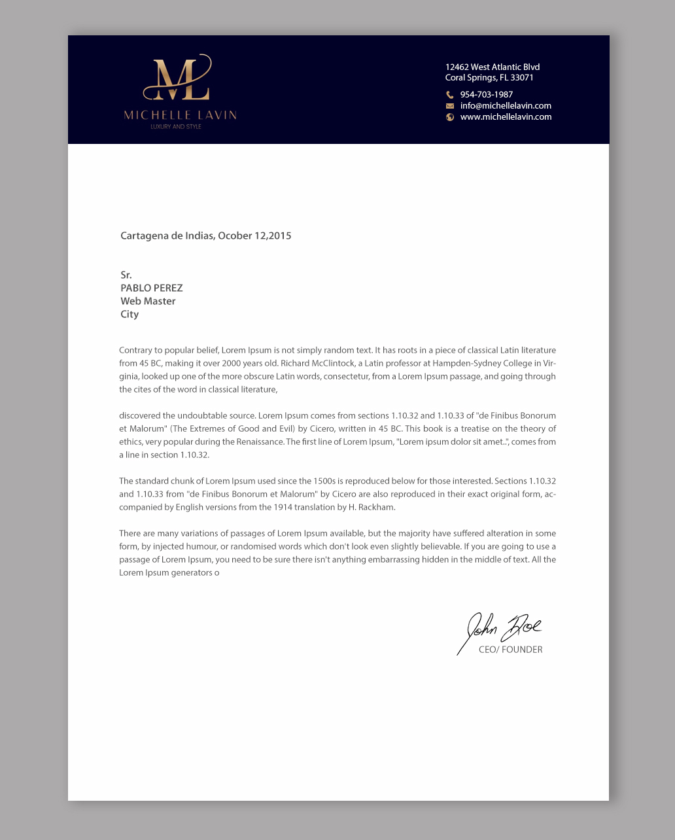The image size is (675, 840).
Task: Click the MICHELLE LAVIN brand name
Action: tap(180, 115)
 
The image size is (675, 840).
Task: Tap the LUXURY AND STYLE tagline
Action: tap(176, 126)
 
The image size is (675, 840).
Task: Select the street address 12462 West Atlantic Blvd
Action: tap(493, 67)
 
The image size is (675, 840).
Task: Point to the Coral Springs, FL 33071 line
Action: tap(489, 77)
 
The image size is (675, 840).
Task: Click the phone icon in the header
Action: tap(450, 95)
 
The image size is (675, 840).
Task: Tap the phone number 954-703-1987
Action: tap(487, 95)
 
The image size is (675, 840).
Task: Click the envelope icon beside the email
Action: tap(450, 106)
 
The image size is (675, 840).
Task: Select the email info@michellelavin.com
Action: tap(506, 106)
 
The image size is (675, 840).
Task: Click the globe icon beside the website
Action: tap(450, 117)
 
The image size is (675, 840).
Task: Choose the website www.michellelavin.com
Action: tap(506, 117)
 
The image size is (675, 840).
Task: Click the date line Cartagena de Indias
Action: tap(205, 236)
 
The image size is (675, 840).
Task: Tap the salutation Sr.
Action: tap(126, 275)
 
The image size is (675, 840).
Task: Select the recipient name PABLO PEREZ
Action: tap(152, 288)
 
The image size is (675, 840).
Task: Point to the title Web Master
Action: tap(148, 301)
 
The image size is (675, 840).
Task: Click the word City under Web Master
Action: tap(130, 314)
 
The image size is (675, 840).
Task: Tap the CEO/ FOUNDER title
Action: tap(510, 650)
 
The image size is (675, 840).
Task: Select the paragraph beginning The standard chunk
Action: tap(337, 494)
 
